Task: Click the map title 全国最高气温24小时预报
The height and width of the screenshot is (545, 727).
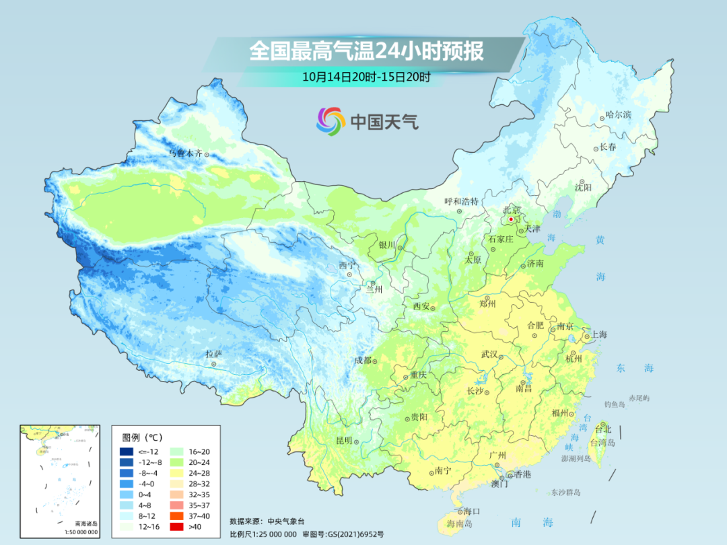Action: point(366,51)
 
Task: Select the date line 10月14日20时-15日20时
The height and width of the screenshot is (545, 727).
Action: point(366,77)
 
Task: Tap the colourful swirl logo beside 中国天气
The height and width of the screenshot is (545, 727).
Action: point(331,121)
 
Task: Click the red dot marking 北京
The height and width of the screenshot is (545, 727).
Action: point(511,219)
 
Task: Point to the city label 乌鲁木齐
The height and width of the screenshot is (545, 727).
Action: point(185,153)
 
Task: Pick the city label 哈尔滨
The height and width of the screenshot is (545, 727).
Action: point(619,115)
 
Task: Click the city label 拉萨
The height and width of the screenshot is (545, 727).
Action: point(213,354)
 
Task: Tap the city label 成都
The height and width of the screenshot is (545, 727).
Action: point(363,360)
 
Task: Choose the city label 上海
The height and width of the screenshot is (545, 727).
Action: point(598,335)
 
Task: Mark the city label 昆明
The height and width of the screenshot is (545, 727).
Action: point(344,440)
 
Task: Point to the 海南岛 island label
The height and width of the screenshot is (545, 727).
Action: point(460,523)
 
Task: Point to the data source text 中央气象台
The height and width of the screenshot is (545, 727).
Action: point(286,521)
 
